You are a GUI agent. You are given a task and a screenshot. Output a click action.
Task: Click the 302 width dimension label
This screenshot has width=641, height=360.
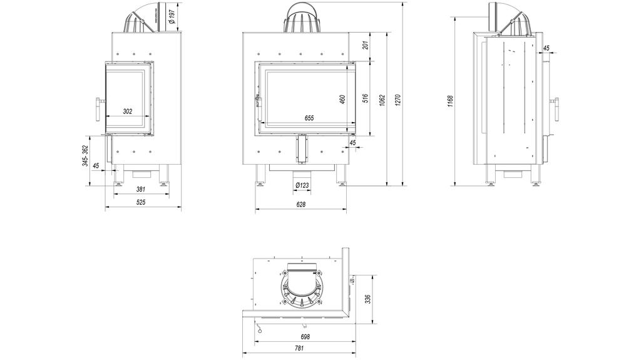pos(127,111)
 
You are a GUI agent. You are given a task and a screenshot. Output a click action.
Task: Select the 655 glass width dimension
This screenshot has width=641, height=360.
pos(309,118)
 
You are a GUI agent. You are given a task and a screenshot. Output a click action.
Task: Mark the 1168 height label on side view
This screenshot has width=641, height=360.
pos(450,100)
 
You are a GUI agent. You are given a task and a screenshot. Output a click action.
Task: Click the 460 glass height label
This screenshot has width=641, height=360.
pos(342,100)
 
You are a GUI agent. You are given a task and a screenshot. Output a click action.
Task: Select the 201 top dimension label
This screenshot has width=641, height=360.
pos(365,45)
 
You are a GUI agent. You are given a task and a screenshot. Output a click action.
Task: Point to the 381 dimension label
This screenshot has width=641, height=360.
pos(141,190)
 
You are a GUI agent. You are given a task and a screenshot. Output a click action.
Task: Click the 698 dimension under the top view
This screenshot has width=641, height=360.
pos(300,336)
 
